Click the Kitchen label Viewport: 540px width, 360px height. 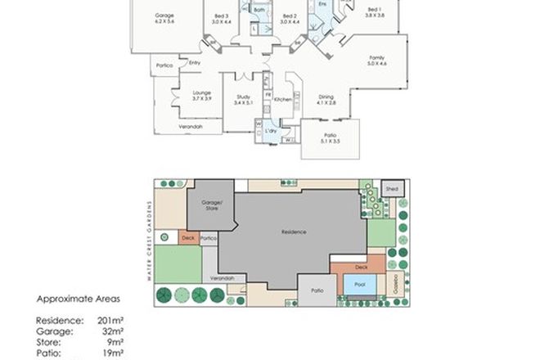tap(283, 100)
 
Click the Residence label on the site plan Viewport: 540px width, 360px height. tap(295, 232)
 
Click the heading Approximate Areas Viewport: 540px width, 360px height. tap(73, 300)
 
